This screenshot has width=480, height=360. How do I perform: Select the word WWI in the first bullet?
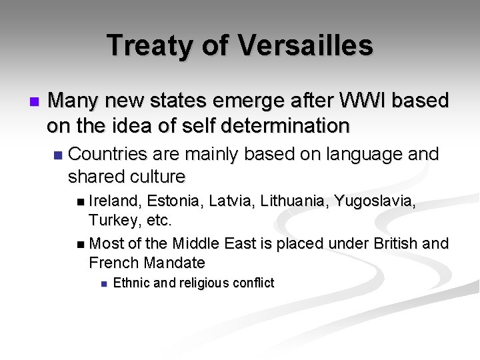357,101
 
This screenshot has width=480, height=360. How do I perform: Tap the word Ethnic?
131,283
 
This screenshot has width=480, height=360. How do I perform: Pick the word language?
359,154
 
